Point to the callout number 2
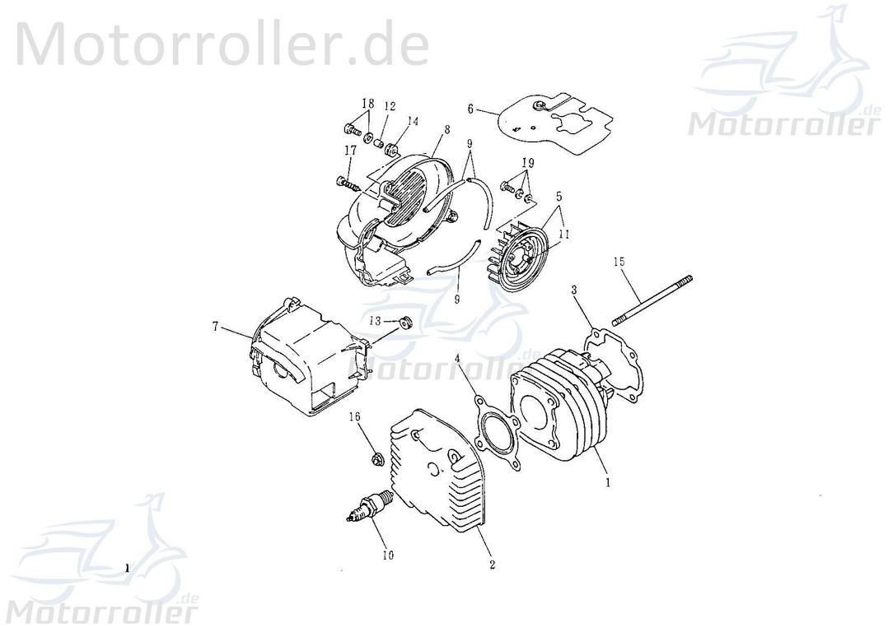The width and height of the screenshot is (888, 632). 492,565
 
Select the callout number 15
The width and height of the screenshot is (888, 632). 619,262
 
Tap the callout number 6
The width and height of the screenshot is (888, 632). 470,109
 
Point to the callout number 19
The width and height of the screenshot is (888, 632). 527,163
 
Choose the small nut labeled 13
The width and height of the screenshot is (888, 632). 405,322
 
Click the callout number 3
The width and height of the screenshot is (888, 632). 574,290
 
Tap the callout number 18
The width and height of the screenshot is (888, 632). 367,104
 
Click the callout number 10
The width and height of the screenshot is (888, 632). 387,555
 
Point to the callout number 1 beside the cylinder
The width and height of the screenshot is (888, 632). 608,484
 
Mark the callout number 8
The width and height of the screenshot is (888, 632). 447,129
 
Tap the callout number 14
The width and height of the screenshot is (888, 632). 412,121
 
